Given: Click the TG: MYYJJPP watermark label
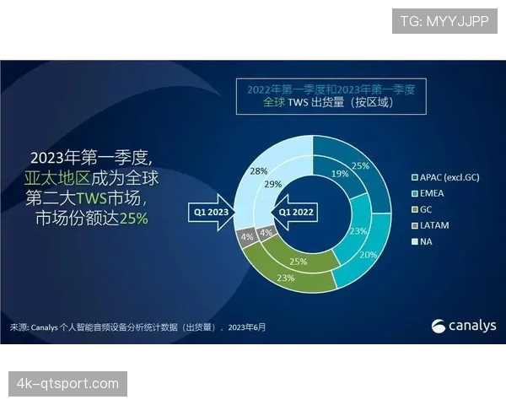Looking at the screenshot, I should pos(444,21).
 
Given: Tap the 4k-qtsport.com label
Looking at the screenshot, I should pos(68,384).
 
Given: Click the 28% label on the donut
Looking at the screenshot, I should pos(259,170).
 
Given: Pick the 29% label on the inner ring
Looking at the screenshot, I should pos(272,183).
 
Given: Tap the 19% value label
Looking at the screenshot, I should pos(339,174).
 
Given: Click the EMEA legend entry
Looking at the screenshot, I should pos(433,192).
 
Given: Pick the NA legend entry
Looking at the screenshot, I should pos(427,240).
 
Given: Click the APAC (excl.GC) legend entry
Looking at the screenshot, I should pos(451,177).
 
